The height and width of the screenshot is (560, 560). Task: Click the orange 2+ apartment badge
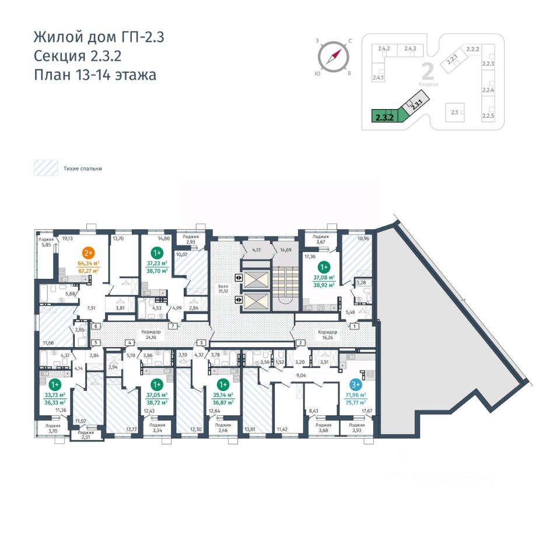pos(89,253)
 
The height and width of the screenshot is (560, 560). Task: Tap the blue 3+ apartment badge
pos(355,384)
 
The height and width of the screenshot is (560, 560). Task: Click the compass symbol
pos(334,57)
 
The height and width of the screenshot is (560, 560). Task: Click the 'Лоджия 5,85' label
pos(46,241)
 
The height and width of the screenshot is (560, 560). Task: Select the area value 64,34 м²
pos(89,263)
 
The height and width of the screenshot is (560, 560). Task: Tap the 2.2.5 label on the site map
pos(488,116)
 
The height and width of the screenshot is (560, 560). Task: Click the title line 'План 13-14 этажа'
pos(94,75)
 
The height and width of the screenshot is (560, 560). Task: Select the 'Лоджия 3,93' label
pos(356,428)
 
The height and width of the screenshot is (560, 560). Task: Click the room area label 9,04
pos(302,376)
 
